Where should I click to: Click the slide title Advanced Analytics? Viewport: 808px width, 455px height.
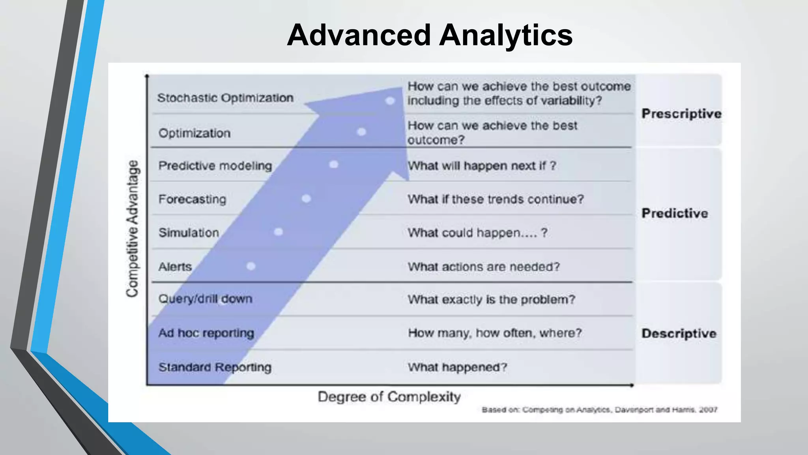click(x=429, y=35)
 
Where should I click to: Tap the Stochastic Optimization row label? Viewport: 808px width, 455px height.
click(x=225, y=98)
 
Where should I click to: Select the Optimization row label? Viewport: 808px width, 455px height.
click(x=195, y=133)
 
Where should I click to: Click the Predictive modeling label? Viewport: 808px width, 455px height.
click(x=215, y=165)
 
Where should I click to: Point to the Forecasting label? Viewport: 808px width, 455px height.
click(x=192, y=199)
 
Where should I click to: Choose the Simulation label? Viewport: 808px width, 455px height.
click(x=189, y=233)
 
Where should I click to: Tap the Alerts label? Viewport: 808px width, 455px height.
click(x=175, y=267)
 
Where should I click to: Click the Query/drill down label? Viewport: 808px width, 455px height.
click(x=205, y=299)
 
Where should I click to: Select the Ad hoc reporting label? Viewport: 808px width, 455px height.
click(x=206, y=333)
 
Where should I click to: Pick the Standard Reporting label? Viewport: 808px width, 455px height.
click(x=215, y=367)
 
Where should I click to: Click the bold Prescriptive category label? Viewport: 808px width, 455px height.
click(x=681, y=114)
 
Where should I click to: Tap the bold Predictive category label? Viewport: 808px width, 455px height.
click(x=675, y=213)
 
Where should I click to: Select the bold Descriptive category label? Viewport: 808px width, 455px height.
click(x=679, y=333)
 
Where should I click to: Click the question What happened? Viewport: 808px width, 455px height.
click(x=457, y=367)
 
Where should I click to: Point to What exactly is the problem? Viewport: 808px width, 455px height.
click(x=491, y=299)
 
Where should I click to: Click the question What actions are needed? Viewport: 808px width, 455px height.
click(x=484, y=267)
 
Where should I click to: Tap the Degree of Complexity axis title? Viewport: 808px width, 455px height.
click(x=389, y=397)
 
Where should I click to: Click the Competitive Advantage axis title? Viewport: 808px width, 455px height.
click(x=133, y=228)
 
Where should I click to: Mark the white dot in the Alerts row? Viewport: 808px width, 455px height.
click(x=251, y=266)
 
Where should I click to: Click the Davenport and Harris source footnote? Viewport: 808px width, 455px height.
click(x=599, y=410)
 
